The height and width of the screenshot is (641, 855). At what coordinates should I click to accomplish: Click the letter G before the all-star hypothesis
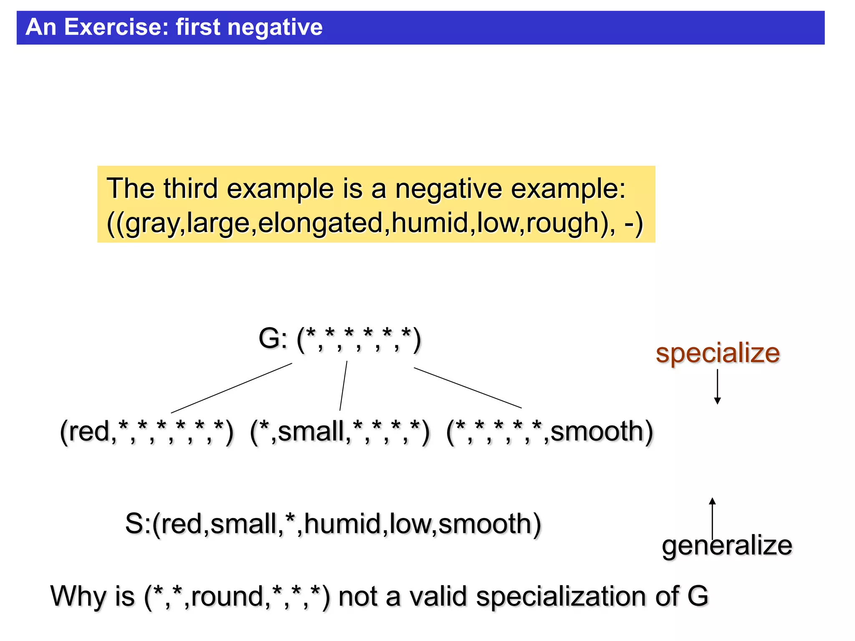click(x=269, y=338)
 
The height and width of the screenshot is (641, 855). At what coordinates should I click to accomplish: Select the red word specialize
click(x=717, y=353)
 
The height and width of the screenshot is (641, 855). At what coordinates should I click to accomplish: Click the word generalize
click(x=726, y=546)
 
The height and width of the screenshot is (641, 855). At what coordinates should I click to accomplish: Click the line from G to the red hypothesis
click(x=232, y=388)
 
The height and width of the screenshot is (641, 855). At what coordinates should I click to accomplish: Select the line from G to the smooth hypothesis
click(x=468, y=388)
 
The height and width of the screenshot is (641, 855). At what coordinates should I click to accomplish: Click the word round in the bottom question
click(x=227, y=596)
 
